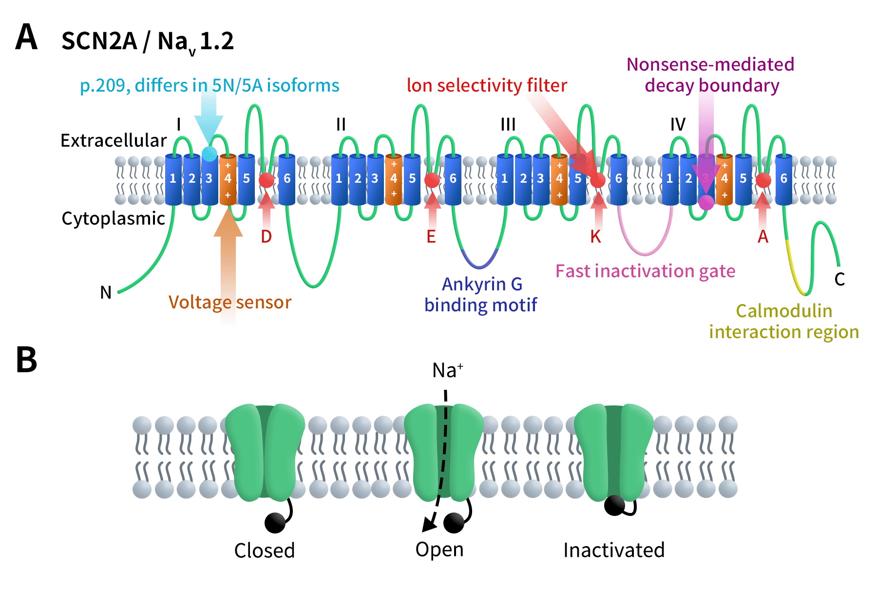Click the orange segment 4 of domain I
pos(228,179)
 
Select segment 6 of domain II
pos(453,179)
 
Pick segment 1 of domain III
pos(504,179)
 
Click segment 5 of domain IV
pos(743,179)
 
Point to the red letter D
pos(266,237)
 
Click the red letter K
pos(595,237)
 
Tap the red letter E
pos(431,237)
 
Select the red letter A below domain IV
pos(763,237)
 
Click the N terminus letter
pos(106,292)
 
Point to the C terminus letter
pos(839,279)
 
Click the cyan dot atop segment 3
pos(210,154)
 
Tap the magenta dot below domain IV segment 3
pos(706,202)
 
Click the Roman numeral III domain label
pos(508,125)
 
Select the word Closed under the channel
pos(264,551)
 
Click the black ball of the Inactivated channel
pos(614,505)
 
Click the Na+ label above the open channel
pos(447,371)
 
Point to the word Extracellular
pos(114,140)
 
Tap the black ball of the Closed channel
pos(275,523)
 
